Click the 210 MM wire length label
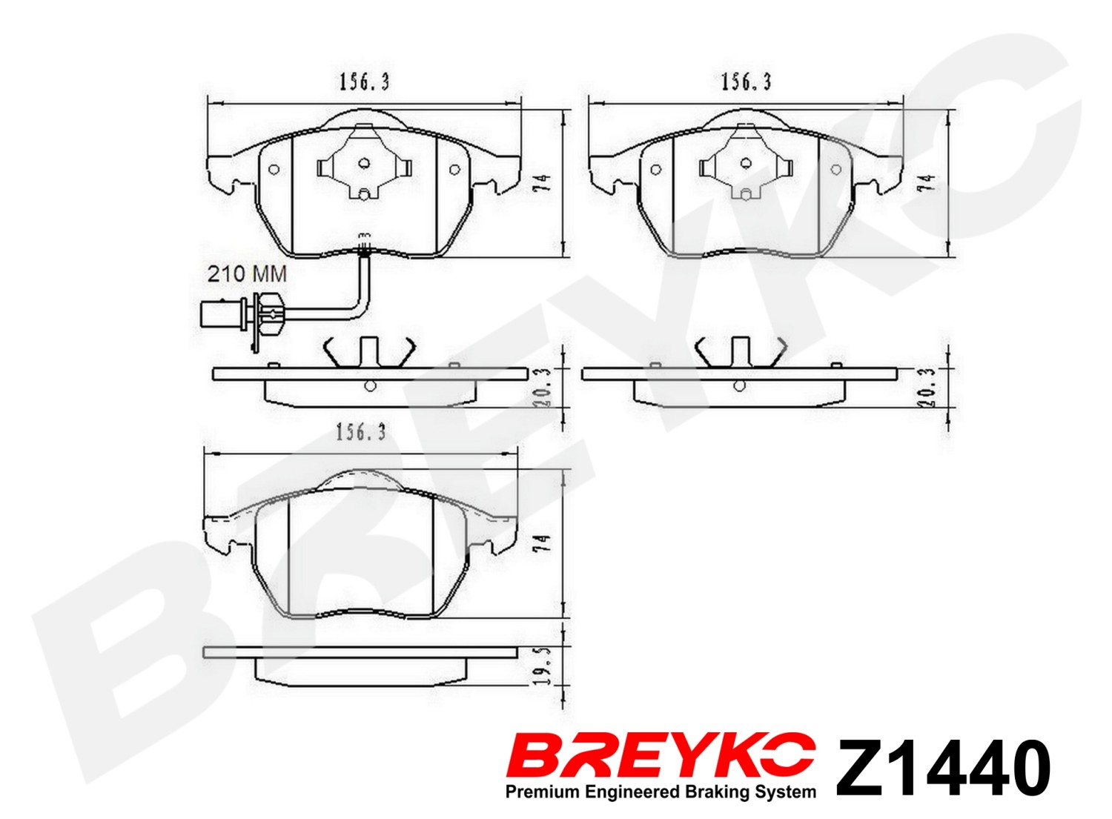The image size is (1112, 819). (x=247, y=274)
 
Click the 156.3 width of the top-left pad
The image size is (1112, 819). (x=365, y=82)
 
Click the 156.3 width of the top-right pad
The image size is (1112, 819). (x=746, y=82)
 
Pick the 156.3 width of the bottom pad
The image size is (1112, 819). (x=361, y=433)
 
